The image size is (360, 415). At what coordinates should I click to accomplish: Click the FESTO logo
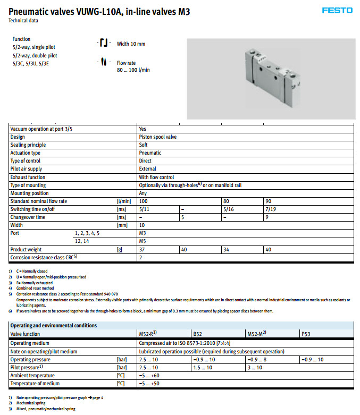337,10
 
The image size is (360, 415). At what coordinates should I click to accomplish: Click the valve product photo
271,78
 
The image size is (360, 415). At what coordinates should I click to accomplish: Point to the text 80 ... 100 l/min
133,70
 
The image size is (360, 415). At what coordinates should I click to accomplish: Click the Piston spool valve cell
158,137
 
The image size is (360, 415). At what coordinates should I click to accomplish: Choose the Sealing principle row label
28,145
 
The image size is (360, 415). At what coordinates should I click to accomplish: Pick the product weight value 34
227,249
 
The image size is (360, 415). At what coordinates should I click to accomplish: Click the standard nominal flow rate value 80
227,201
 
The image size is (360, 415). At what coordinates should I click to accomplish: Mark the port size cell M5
143,241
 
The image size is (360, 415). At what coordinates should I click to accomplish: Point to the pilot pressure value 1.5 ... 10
202,367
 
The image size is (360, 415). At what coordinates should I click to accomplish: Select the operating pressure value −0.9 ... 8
257,360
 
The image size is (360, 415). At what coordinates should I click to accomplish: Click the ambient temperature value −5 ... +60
150,375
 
